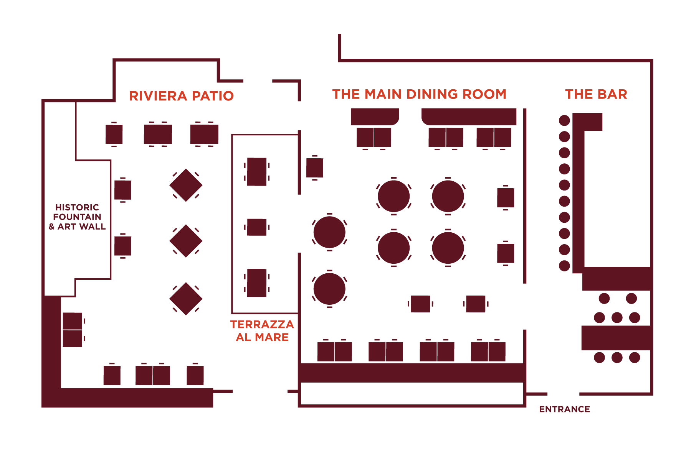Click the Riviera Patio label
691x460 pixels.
pyautogui.click(x=181, y=96)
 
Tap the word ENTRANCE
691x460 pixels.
pyautogui.click(x=564, y=409)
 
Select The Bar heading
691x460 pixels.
pyautogui.click(x=596, y=94)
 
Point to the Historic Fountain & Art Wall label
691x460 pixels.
pyautogui.click(x=77, y=217)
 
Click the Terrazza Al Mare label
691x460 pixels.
pyautogui.click(x=262, y=330)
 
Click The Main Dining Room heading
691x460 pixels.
pyautogui.click(x=419, y=94)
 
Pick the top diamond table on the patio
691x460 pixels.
pyautogui.click(x=186, y=185)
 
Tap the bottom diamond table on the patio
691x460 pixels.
pyautogui.click(x=186, y=299)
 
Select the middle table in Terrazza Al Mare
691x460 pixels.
pyautogui.click(x=257, y=227)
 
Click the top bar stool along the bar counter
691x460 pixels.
pyautogui.click(x=564, y=120)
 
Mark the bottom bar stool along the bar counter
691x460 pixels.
pyautogui.click(x=564, y=266)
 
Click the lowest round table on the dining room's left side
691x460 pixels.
pyautogui.click(x=329, y=289)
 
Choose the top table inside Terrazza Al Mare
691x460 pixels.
pyautogui.click(x=257, y=171)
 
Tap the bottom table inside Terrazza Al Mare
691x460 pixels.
pyautogui.click(x=257, y=283)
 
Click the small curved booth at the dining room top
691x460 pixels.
pyautogui.click(x=375, y=117)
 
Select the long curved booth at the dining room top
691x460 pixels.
pyautogui.click(x=469, y=117)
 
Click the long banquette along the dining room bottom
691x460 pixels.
pyautogui.click(x=412, y=373)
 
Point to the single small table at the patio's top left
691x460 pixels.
pyautogui.click(x=114, y=135)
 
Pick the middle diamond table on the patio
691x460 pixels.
pyautogui.click(x=186, y=241)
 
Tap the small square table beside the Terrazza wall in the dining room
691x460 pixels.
pyautogui.click(x=314, y=168)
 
